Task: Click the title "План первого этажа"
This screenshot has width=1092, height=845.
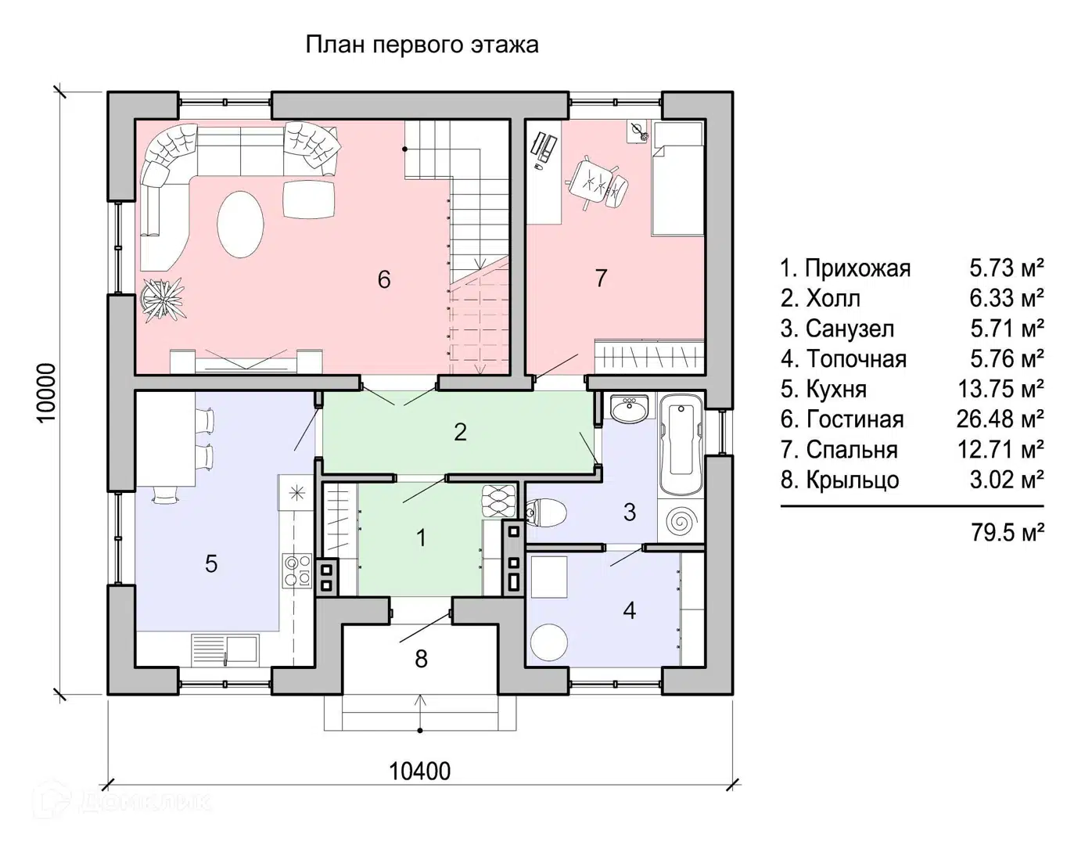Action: [x=422, y=45]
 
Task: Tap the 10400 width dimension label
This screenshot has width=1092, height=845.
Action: [x=420, y=771]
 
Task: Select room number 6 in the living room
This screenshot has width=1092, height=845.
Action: [x=383, y=279]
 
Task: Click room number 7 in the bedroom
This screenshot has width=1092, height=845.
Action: [x=601, y=278]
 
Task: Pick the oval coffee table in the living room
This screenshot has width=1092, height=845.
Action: [x=240, y=224]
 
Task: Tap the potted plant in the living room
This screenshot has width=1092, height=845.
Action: [x=163, y=298]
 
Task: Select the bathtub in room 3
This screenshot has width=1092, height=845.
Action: [x=682, y=445]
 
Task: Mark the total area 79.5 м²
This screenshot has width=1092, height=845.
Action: [x=1008, y=533]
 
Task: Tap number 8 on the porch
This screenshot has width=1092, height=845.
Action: [x=421, y=659]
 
